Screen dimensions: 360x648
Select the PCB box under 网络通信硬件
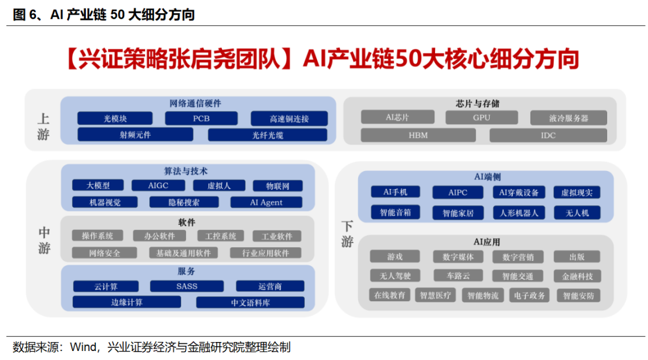tap(201, 119)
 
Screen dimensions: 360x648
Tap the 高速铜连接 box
tap(289, 119)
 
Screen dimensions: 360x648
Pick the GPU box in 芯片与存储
tap(482, 118)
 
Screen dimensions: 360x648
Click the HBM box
tap(418, 135)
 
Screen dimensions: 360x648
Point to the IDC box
tap(548, 135)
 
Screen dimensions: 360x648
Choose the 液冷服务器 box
tap(568, 118)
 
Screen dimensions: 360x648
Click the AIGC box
tap(158, 186)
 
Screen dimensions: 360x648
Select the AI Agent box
tap(266, 203)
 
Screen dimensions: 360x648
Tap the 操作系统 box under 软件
tap(97, 236)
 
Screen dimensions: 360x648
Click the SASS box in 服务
tap(187, 286)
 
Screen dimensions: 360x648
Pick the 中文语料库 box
tap(250, 302)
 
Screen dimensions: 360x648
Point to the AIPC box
tap(457, 193)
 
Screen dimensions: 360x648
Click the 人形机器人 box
tap(519, 212)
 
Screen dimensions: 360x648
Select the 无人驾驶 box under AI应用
tap(394, 276)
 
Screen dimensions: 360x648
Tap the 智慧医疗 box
tap(437, 295)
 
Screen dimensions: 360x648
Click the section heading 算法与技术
tap(186, 172)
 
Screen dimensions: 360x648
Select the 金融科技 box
tap(577, 276)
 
